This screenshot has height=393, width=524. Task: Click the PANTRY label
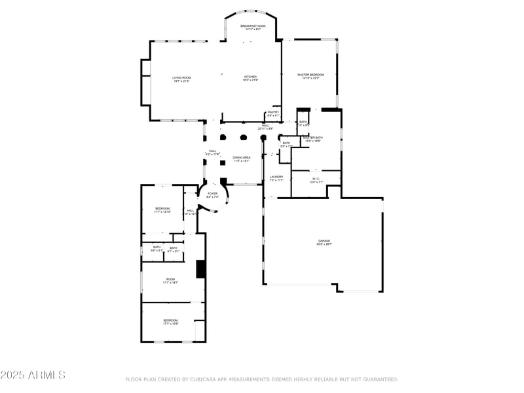[273, 113]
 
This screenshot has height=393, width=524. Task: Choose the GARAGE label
[324, 242]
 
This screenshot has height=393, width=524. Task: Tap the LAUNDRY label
[276, 178]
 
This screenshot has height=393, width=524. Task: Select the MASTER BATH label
[312, 139]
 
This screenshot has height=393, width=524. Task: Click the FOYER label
[212, 195]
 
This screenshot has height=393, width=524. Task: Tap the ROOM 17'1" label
[171, 280]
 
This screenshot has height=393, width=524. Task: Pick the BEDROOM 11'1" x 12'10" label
[162, 210]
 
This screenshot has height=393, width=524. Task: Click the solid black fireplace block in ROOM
[201, 269]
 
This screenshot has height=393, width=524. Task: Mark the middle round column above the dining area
[244, 138]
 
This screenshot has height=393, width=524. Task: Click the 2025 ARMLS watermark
[33, 375]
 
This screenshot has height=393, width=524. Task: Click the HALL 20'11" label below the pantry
[266, 126]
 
